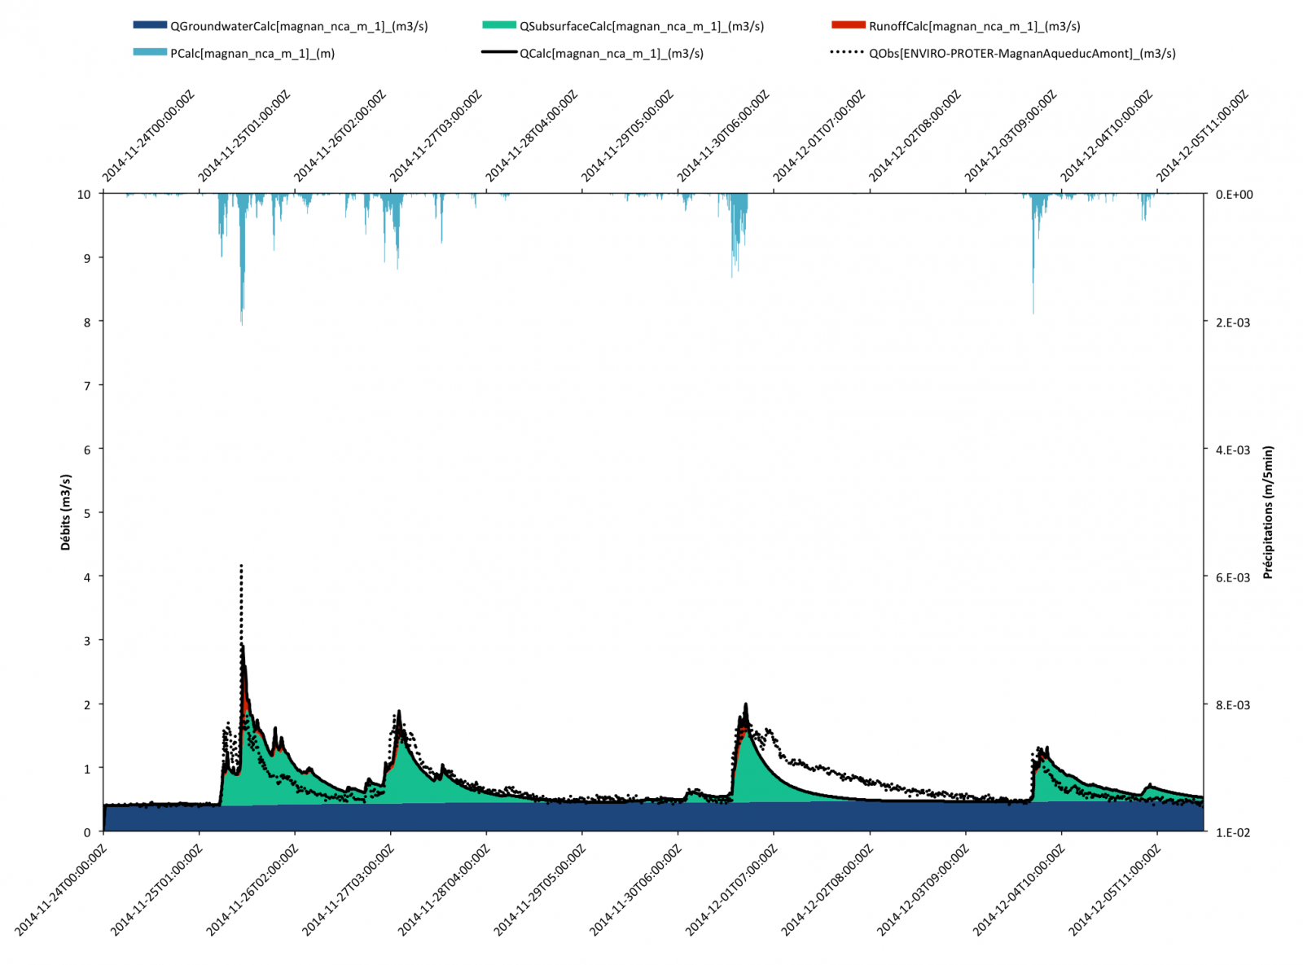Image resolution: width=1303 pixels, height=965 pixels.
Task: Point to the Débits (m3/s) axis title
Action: pyautogui.click(x=66, y=513)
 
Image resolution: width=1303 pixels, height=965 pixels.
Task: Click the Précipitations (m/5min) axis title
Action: pyautogui.click(x=1268, y=513)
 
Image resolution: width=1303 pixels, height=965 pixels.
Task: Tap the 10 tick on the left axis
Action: pyautogui.click(x=84, y=195)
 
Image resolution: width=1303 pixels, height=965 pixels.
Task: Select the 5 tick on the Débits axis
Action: pyautogui.click(x=87, y=513)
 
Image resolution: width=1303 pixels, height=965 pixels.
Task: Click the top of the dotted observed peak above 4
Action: pyautogui.click(x=241, y=565)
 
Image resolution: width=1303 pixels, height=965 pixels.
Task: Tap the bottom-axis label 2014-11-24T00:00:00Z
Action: pyautogui.click(x=61, y=890)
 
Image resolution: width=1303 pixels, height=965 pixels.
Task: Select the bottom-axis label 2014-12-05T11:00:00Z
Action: pyautogui.click(x=1116, y=890)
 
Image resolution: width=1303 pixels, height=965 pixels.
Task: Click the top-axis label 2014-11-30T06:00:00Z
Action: pyautogui.click(x=723, y=135)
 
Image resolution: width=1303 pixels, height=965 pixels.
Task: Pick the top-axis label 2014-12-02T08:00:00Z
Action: pyautogui.click(x=915, y=135)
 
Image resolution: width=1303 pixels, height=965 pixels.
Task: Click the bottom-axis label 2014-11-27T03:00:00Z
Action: pyautogui.click(x=349, y=890)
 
